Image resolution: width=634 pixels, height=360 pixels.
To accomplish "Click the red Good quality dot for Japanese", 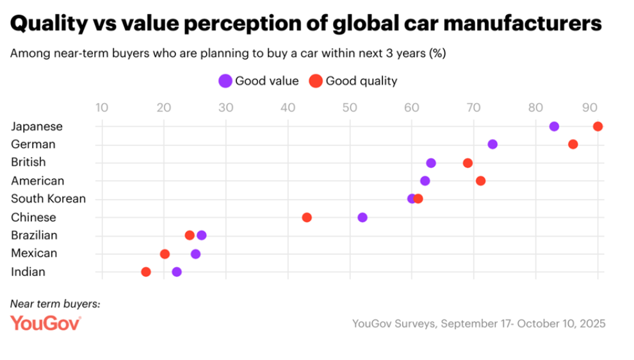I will (x=597, y=126).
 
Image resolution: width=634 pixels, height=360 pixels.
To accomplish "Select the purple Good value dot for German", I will (x=492, y=144).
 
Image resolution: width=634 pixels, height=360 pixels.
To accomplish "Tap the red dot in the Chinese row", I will (x=307, y=218).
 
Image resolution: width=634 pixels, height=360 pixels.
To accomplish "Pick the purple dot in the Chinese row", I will (x=362, y=218).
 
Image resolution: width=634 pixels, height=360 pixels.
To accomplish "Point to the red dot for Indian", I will (x=146, y=272).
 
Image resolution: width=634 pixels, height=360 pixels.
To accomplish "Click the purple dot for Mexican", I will (x=195, y=254).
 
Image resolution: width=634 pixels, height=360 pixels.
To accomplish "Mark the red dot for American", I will (x=480, y=181).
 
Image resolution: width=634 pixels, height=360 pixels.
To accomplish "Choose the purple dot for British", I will (x=431, y=163).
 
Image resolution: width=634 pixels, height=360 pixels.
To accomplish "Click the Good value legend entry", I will (x=259, y=81).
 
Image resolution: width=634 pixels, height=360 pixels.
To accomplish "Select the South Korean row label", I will (x=48, y=199).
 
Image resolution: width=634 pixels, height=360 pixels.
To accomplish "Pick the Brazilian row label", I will (x=34, y=236).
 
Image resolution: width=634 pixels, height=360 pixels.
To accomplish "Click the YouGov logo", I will (x=45, y=323).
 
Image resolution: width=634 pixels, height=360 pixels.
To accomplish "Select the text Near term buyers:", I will (x=55, y=304).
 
